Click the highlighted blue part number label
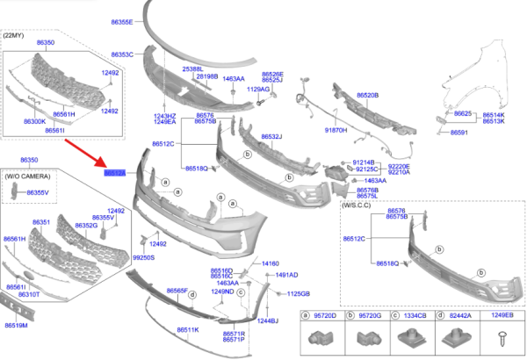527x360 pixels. click(116, 174)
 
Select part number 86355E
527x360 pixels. click(120, 21)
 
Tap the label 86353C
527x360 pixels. click(120, 54)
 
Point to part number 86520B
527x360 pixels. click(367, 95)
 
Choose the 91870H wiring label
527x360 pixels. click(336, 130)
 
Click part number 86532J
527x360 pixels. click(270, 137)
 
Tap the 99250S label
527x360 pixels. click(143, 258)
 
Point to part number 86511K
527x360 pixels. click(187, 329)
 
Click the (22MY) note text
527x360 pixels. click(15, 35)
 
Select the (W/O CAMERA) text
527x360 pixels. click(28, 176)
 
